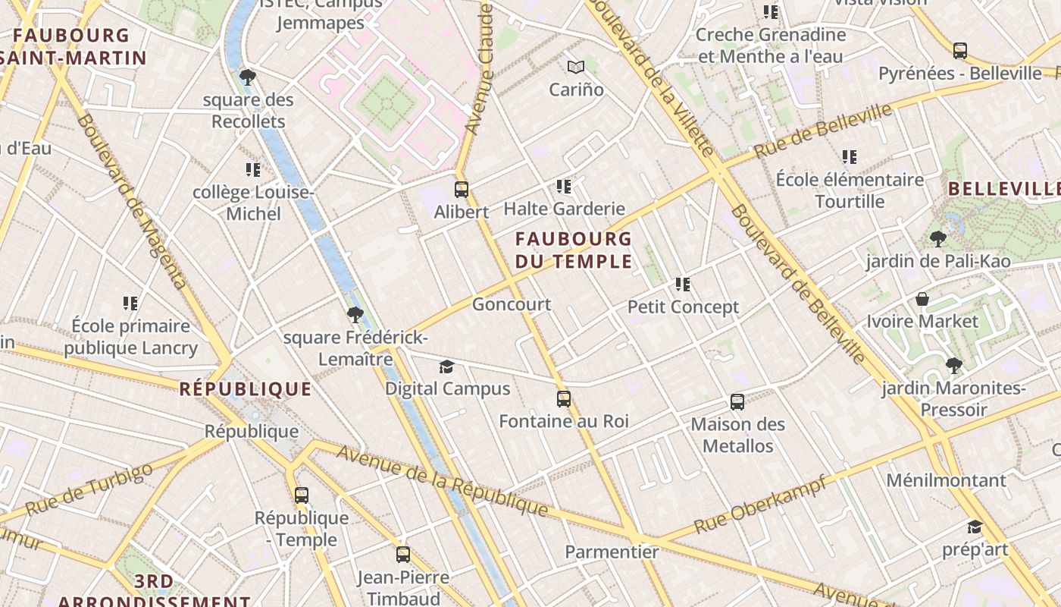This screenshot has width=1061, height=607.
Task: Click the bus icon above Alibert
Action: point(461,190)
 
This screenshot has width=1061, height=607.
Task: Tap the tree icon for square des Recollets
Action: point(247,77)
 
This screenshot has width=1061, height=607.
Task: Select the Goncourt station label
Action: point(512,304)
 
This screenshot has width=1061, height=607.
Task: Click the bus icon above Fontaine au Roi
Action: point(563,399)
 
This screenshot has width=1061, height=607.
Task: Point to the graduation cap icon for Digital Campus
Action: point(446,367)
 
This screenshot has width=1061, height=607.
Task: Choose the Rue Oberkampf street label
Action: point(759,504)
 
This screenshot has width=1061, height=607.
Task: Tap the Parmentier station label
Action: point(612,552)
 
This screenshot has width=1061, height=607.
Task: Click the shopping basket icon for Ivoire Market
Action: point(922,299)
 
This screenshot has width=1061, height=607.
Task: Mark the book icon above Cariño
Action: point(576,68)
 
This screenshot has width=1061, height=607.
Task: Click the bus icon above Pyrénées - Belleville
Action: point(960,51)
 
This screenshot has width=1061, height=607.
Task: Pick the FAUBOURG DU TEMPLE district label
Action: point(574,250)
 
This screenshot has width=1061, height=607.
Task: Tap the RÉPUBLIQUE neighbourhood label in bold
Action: point(246,389)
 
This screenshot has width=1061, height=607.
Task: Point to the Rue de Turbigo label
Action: point(89,489)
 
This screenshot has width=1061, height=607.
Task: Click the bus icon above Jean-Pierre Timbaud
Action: point(403,555)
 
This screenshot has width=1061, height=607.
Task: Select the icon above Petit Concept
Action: point(683,285)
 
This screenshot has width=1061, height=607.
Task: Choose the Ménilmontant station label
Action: point(946,480)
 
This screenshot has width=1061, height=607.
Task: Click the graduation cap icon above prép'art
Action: point(975,527)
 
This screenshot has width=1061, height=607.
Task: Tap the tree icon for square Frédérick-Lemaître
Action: point(355,315)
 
